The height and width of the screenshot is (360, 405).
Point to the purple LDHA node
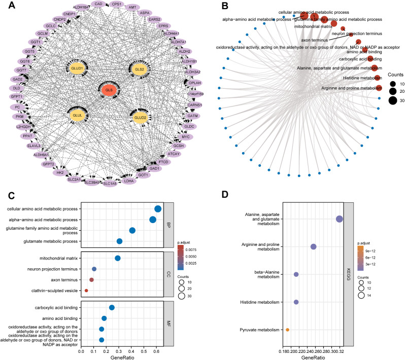tap(129, 181)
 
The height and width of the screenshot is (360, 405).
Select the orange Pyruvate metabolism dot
tap(288, 330)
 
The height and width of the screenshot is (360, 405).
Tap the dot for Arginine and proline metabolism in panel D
tap(314, 247)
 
